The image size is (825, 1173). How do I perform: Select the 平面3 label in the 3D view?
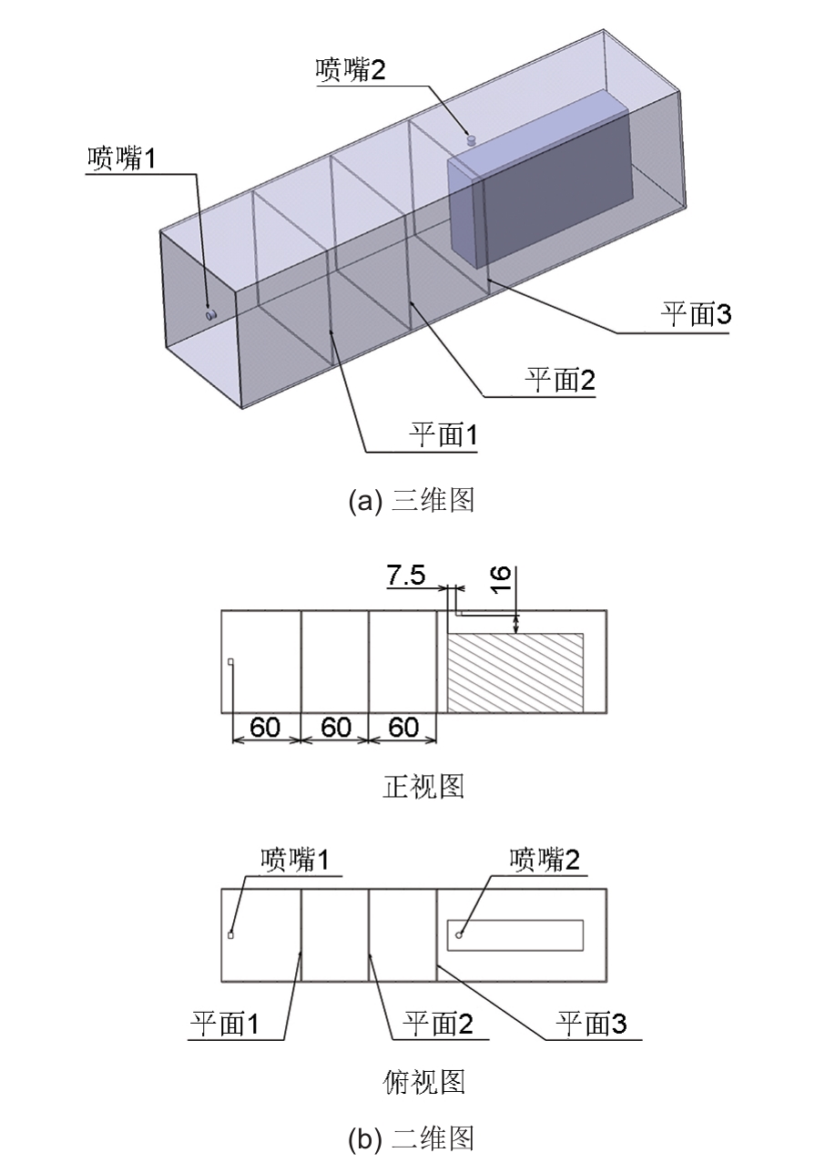pyautogui.click(x=696, y=314)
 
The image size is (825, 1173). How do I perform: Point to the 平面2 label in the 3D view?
pyautogui.click(x=561, y=379)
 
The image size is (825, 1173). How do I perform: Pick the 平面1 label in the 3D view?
pyautogui.click(x=443, y=434)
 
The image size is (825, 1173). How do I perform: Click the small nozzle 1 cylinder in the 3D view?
pyautogui.click(x=211, y=315)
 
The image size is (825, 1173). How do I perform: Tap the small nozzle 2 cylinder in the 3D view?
pyautogui.click(x=472, y=140)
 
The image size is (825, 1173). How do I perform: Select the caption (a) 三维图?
pyautogui.click(x=412, y=500)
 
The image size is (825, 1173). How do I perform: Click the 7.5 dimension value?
pyautogui.click(x=406, y=575)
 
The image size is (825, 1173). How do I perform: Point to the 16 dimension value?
pyautogui.click(x=501, y=578)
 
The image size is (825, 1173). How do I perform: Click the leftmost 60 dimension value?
pyautogui.click(x=265, y=727)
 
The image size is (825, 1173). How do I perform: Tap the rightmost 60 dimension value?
pyautogui.click(x=403, y=727)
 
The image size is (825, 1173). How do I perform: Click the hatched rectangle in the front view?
pyautogui.click(x=515, y=673)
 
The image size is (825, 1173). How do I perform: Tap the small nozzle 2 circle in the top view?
pyautogui.click(x=459, y=935)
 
